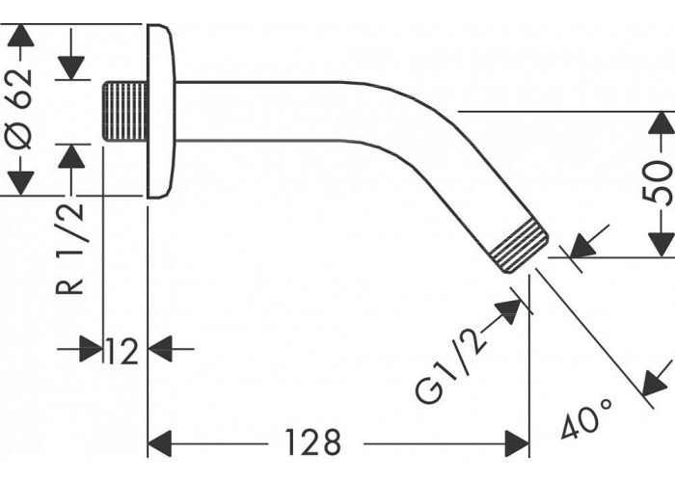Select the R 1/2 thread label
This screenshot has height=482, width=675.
point(69,249)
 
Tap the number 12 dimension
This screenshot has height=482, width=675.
point(121,351)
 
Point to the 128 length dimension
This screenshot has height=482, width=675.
point(313,442)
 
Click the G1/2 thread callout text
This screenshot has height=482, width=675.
point(450,365)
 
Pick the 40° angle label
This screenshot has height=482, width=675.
point(586,418)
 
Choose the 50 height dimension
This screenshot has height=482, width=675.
point(658,181)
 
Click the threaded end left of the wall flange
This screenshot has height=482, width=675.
point(124,111)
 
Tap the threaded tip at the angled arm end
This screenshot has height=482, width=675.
point(520,246)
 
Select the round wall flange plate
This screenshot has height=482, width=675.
point(161,111)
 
